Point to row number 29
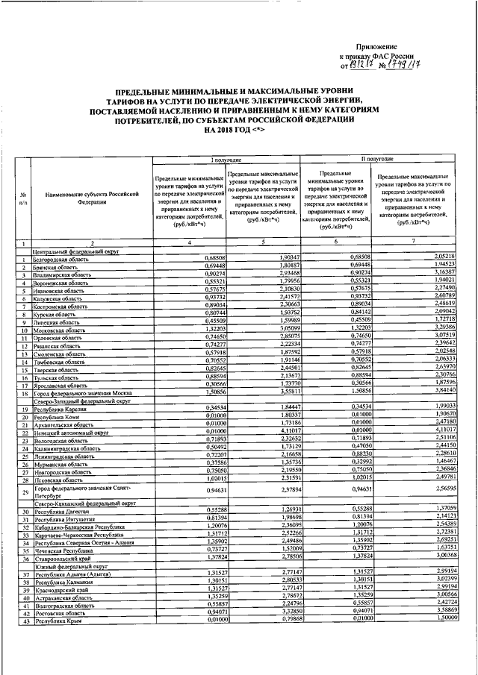(x=24, y=492)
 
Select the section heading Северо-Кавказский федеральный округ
(x=83, y=503)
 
